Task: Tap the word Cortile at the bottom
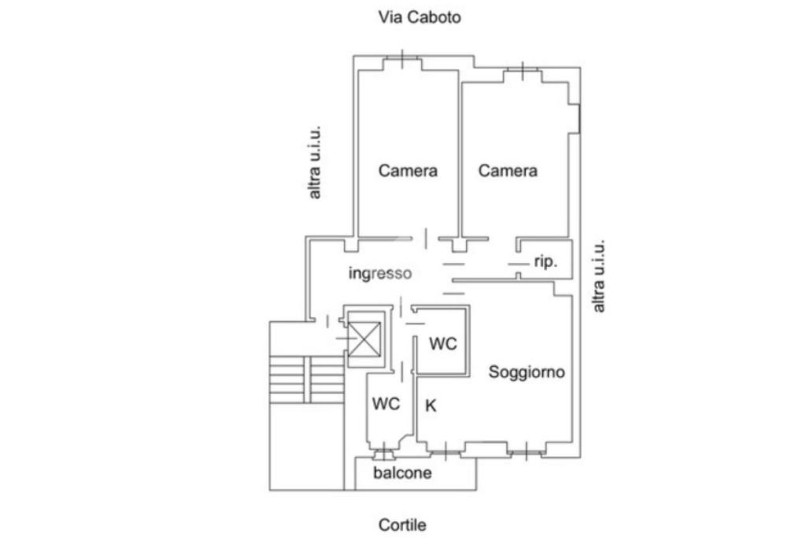[x=402, y=524]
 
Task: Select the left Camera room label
[x=408, y=170]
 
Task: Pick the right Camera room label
[x=508, y=170]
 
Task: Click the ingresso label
[x=380, y=274]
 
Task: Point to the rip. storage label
[x=545, y=262]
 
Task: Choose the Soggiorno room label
[x=527, y=372]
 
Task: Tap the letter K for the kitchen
[x=431, y=406]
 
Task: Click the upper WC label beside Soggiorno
[x=443, y=343]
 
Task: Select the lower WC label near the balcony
[x=386, y=404]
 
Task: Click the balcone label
[x=402, y=473]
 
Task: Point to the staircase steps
[x=306, y=379]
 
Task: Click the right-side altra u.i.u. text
[x=600, y=276]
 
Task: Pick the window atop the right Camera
[x=522, y=72]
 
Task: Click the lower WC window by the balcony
[x=383, y=453]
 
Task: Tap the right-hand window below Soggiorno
[x=521, y=451]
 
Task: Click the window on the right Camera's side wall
[x=579, y=117]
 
